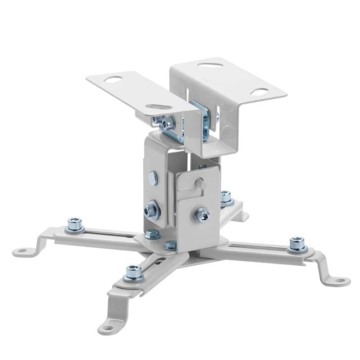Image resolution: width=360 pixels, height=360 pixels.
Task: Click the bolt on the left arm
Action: pos(75,223)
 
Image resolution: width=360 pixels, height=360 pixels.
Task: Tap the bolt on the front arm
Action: pos(133,272)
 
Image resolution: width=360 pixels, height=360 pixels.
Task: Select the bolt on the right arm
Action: pos(297,243)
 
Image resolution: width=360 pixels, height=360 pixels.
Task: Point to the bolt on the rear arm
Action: pos(226,196)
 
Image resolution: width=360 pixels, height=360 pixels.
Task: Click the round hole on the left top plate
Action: pos(113,79)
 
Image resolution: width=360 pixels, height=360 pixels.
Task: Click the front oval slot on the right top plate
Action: pos(259,92)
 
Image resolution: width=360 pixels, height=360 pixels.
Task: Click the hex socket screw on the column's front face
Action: pos(202,214)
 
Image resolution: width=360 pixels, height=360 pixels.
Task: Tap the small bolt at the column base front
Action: pos(170,244)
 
